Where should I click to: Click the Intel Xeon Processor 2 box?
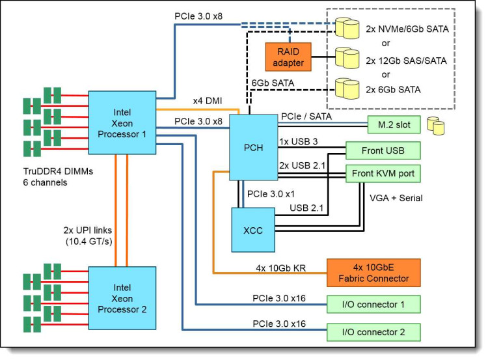coord(122,299)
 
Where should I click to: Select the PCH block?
coord(254,147)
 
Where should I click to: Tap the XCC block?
coord(254,229)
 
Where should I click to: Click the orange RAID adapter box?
coord(286,57)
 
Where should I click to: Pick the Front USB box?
coord(383,150)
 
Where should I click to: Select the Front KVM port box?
coord(383,173)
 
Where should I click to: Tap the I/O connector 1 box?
coord(373,304)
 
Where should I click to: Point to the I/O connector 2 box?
coord(373,332)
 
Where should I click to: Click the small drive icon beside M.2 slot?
coord(435,124)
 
